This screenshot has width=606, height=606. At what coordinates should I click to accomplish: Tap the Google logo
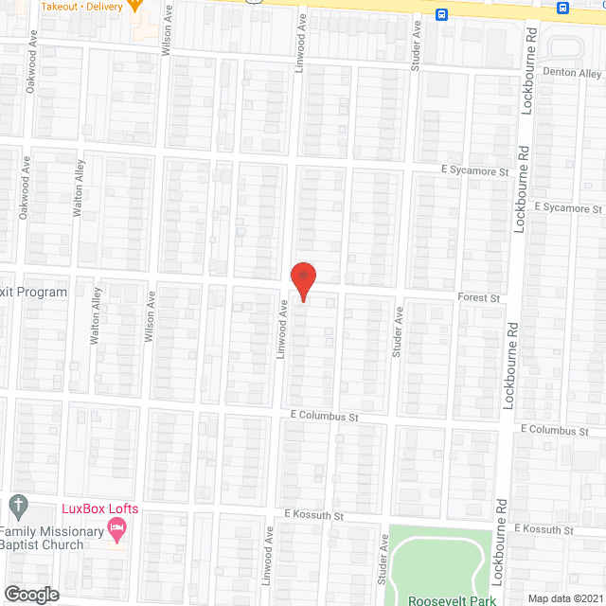(x=30, y=594)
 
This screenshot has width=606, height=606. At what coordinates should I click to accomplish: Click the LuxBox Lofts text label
(x=99, y=508)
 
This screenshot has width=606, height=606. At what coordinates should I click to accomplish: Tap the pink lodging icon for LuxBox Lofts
(x=116, y=534)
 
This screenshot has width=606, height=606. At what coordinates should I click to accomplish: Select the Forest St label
(x=478, y=297)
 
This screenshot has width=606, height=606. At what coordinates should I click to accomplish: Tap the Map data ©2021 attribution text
(x=565, y=597)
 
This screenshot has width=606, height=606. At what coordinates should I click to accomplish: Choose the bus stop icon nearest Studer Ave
(x=442, y=14)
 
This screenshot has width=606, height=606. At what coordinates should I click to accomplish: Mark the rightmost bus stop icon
(x=563, y=9)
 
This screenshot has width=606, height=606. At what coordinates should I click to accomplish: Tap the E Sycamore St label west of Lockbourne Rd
(x=474, y=170)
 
